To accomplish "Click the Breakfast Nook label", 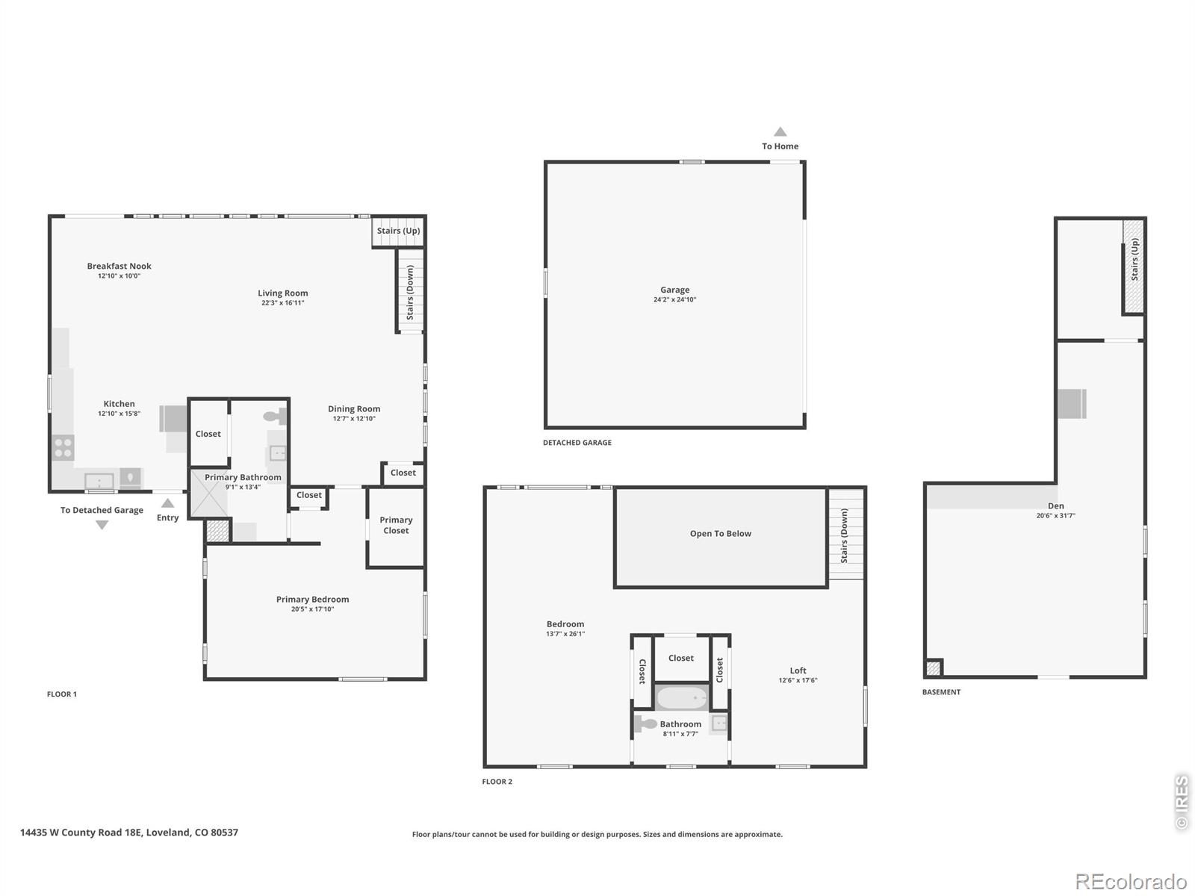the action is click(x=119, y=266).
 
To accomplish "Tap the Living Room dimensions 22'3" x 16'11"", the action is click(x=282, y=303).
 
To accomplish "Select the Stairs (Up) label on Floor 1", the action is click(x=399, y=231).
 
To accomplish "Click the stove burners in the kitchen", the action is click(x=63, y=448).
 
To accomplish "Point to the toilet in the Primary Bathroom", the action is click(x=275, y=417).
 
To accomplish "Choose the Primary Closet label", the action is click(x=396, y=525).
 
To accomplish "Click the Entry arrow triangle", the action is click(x=168, y=503).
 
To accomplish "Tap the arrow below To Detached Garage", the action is click(x=102, y=525).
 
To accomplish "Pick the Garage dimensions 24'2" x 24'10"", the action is click(x=674, y=299).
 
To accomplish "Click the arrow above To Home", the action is click(x=780, y=131).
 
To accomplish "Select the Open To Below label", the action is click(x=720, y=534).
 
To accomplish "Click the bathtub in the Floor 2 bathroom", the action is click(x=682, y=697).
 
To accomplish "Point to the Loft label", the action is click(x=798, y=671).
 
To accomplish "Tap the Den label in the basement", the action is click(x=1055, y=506).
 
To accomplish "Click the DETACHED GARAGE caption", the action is click(x=577, y=443).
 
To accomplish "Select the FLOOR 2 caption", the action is click(x=497, y=782).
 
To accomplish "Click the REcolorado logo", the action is click(x=1130, y=881).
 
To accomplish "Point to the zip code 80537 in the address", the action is click(x=224, y=833).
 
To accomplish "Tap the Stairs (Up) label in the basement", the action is click(x=1134, y=260).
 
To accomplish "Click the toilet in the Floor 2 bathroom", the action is click(x=646, y=724).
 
